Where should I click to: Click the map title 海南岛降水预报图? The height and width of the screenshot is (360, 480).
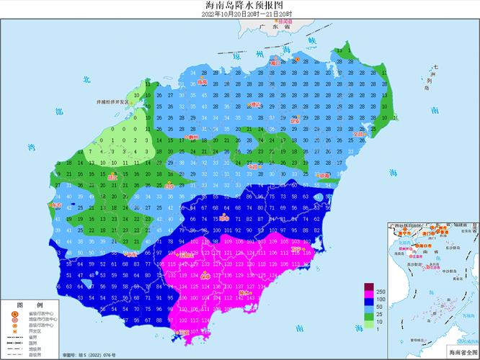[x=239, y=5]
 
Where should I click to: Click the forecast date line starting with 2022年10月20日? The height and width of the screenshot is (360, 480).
[x=239, y=14]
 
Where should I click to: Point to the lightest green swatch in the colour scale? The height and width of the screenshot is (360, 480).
[x=369, y=326]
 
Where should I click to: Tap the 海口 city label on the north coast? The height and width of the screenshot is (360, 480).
[x=275, y=63]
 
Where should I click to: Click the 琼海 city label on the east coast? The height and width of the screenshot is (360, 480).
[x=324, y=175]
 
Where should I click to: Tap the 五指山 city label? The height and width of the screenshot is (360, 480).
[x=187, y=253]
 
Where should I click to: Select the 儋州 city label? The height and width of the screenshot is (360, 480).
[x=192, y=136]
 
